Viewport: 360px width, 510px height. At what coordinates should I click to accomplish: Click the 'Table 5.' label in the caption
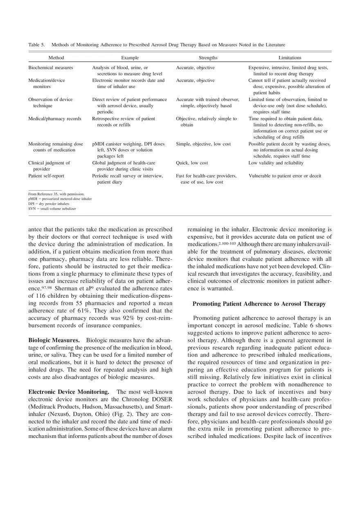(x=36, y=45)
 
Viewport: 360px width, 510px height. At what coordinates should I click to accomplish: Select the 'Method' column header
(x=56, y=58)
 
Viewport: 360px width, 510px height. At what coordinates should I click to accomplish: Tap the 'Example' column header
(x=130, y=58)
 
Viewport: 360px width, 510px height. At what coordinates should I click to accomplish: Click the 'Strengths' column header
(x=208, y=58)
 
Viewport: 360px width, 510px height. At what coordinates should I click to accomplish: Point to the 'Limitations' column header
(x=290, y=58)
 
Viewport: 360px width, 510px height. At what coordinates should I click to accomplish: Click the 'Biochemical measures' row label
(x=50, y=67)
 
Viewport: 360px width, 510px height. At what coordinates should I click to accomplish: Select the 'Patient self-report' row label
(x=46, y=176)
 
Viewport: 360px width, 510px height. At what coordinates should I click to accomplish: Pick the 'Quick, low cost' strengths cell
(x=192, y=163)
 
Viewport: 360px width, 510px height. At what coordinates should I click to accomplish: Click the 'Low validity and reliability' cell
(x=276, y=163)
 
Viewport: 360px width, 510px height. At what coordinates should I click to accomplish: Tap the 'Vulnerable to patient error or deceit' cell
(x=285, y=176)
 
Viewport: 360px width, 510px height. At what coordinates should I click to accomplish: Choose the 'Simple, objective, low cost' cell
(x=203, y=144)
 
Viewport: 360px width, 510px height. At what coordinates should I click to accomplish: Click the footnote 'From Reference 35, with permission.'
(x=56, y=194)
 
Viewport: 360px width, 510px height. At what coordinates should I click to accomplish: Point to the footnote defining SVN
(x=52, y=209)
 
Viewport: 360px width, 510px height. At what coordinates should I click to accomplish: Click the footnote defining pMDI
(x=60, y=199)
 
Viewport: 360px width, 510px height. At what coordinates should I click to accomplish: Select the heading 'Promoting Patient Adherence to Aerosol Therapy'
(x=259, y=304)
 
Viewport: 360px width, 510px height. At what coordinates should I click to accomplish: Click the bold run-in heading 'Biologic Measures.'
(x=54, y=340)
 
